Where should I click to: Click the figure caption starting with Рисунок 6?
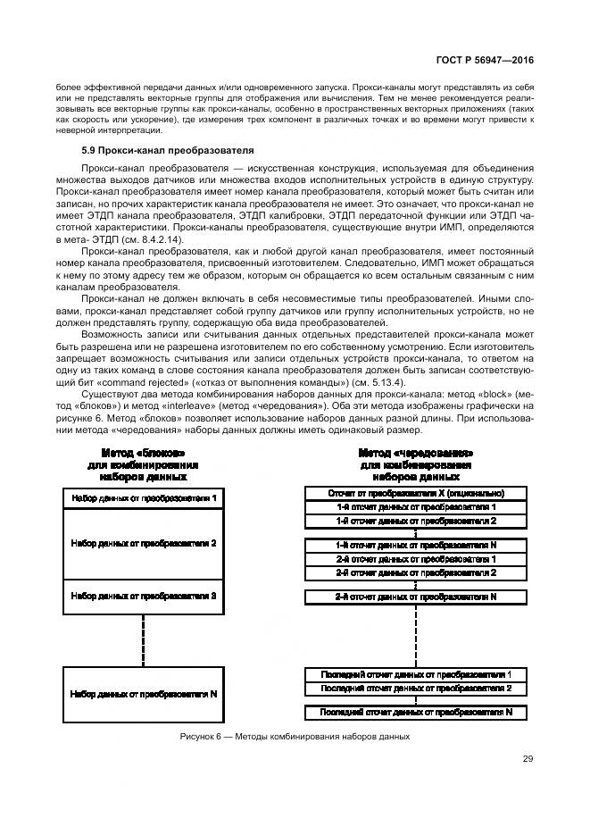pos(294,737)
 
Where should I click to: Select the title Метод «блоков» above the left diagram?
pos(143,454)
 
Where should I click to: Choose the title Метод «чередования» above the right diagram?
pos(415,453)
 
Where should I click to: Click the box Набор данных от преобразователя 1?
pos(144,497)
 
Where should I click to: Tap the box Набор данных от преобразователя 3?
pos(144,594)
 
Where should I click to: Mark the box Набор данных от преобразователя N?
pos(144,693)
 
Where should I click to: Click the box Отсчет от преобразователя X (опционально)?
pos(416,493)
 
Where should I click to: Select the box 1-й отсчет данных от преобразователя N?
pos(416,544)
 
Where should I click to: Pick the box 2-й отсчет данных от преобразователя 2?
pos(416,572)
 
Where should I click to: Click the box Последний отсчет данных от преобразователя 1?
pos(416,674)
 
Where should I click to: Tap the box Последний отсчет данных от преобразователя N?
pos(416,712)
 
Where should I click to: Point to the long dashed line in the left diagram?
pos(144,636)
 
